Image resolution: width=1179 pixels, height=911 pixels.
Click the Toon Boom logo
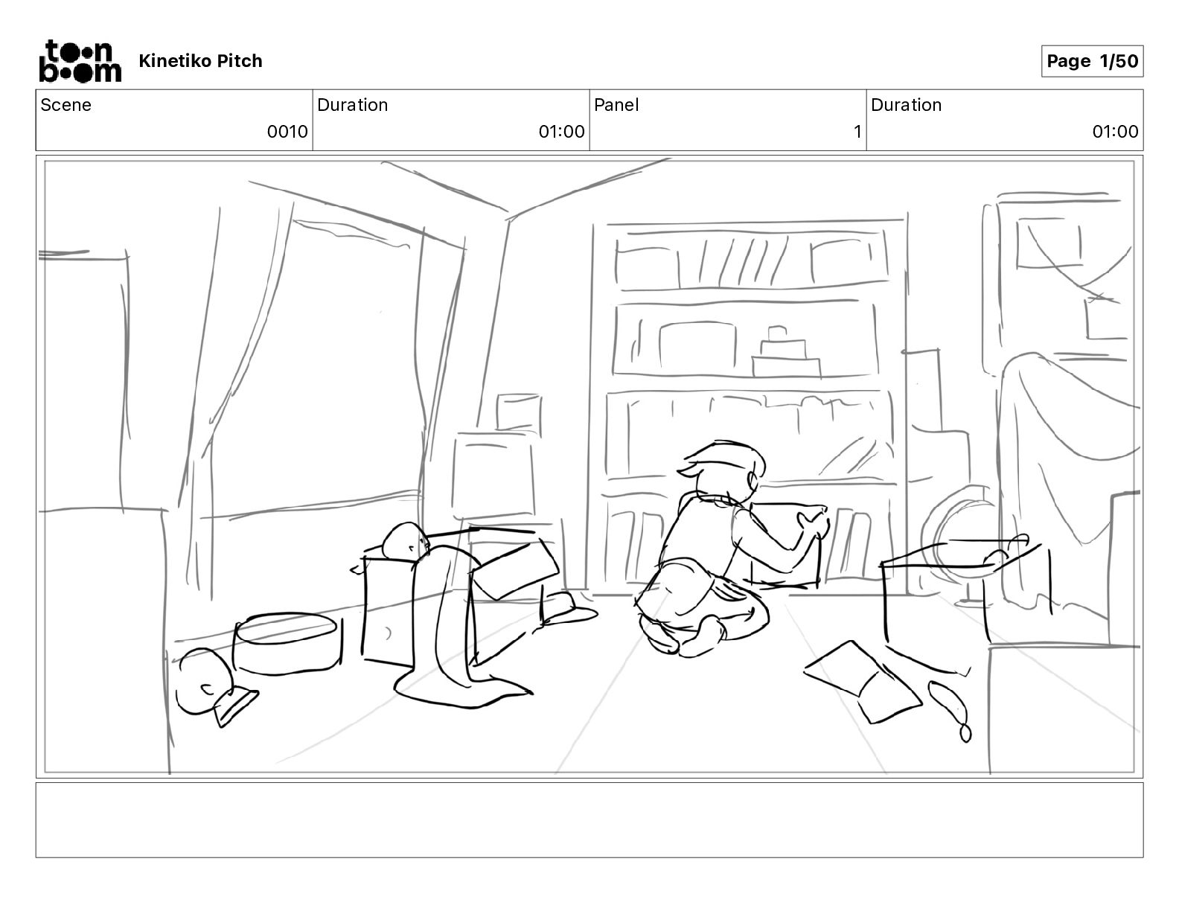tap(80, 61)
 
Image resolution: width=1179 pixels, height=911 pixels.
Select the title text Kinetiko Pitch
tap(200, 61)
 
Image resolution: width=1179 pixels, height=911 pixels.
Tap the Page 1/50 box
tap(1092, 61)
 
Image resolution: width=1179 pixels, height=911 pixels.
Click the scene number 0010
tap(287, 131)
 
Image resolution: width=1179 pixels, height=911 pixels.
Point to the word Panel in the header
tap(616, 105)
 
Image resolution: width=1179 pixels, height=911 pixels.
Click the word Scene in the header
tap(65, 105)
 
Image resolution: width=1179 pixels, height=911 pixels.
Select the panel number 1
tap(857, 131)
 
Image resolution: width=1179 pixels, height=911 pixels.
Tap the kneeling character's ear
tap(753, 481)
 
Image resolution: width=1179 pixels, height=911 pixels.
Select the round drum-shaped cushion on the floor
tap(287, 644)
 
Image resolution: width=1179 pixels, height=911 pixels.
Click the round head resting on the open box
tap(406, 540)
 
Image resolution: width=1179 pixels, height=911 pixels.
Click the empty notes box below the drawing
tap(589, 820)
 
